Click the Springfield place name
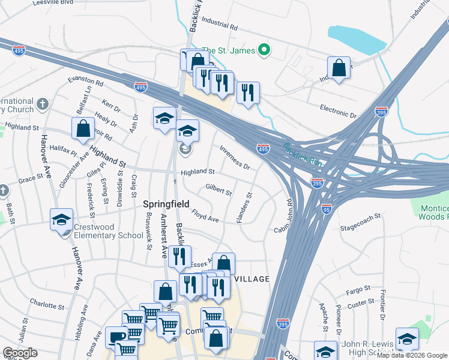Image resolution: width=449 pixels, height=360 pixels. (x=166, y=204)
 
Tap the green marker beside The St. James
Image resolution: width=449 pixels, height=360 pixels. (x=262, y=50)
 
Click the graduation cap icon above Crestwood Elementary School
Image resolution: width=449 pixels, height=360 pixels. (x=61, y=220)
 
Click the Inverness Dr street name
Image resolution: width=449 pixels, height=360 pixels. (x=234, y=156)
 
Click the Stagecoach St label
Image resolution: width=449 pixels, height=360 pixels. (x=361, y=215)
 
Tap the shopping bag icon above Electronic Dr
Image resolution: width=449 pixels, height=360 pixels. (x=339, y=68)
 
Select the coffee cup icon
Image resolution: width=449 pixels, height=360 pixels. (x=116, y=337)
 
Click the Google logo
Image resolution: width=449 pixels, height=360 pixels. (x=20, y=352)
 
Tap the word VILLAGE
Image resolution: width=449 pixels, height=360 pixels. (x=252, y=279)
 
